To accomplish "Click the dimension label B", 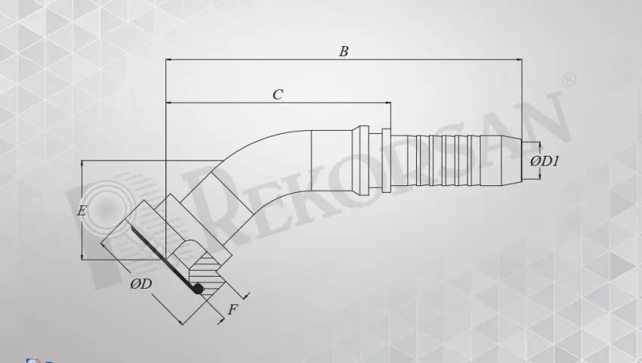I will click(x=344, y=51).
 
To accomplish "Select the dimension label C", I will click(x=278, y=95).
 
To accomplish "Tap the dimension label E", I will click(x=82, y=211).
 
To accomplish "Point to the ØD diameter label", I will click(x=141, y=284).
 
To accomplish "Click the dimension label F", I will click(x=233, y=309).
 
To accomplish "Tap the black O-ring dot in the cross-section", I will click(x=198, y=288).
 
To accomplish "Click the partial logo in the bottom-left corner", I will click(x=32, y=360).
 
